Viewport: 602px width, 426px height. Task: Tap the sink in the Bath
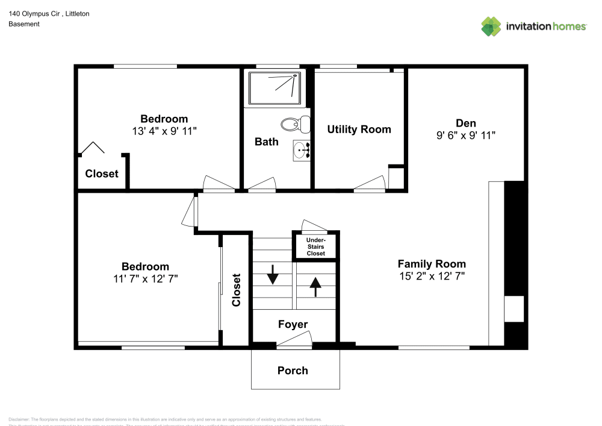(x=301, y=150)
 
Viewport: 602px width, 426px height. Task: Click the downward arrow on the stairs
(x=273, y=274)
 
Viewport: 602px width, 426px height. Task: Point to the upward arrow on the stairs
(x=315, y=286)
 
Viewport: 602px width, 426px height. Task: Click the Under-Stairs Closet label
(x=315, y=246)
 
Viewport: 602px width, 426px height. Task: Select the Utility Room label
(x=359, y=129)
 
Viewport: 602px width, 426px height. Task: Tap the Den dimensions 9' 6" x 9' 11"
(x=465, y=136)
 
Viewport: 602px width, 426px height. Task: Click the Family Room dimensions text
(x=432, y=276)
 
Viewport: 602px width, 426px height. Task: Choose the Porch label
(x=293, y=371)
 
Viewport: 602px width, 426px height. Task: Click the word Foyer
(x=293, y=325)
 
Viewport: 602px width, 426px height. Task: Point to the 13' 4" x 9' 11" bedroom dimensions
(x=164, y=131)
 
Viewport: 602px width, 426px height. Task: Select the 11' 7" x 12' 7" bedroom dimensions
(x=145, y=278)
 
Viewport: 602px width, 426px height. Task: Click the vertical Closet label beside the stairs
(x=237, y=290)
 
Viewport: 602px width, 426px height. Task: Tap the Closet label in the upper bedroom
(x=102, y=174)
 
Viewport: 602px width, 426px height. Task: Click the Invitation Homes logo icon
(x=491, y=26)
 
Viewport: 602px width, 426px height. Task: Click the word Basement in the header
(x=24, y=24)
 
